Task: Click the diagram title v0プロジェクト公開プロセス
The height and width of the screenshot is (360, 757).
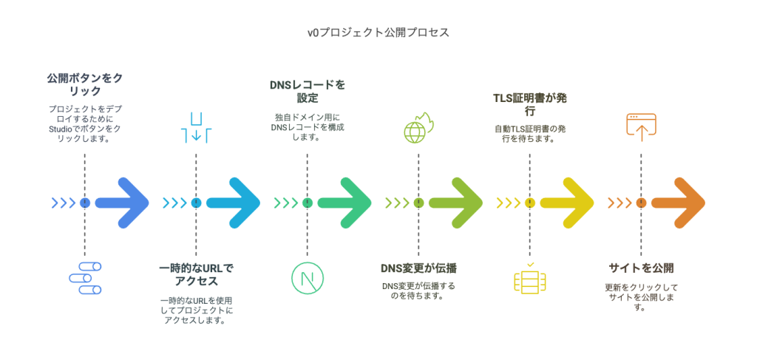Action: pos(378,33)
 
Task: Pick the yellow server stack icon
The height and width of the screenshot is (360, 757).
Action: pos(529,279)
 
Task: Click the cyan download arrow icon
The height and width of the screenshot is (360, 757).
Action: pos(196,127)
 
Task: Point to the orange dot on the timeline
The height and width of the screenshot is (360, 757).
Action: pos(641,203)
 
